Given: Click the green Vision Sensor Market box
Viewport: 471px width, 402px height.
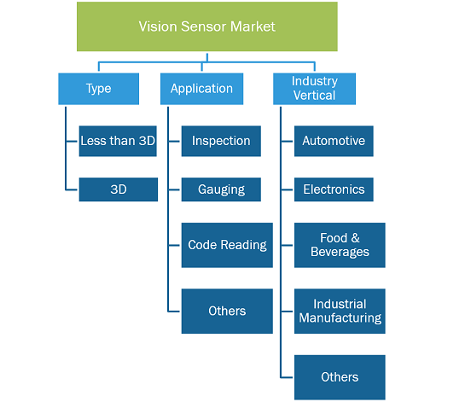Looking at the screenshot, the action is [207, 26].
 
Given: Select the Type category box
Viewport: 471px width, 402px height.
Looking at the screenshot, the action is [98, 89].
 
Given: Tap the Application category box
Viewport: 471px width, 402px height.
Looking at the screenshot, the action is [201, 89].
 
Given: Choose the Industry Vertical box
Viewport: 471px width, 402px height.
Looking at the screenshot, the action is [314, 89].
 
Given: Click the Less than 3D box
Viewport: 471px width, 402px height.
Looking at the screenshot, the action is [118, 141].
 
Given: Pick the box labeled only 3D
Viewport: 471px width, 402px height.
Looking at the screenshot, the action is [119, 189].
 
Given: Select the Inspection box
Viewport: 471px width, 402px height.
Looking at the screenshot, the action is [221, 141].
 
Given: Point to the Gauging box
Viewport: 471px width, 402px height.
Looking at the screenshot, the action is [221, 189].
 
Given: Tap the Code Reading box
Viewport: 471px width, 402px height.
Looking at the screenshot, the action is [227, 245].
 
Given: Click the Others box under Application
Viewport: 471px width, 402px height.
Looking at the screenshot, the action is [227, 312].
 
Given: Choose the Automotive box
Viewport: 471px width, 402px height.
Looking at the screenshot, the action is [334, 141].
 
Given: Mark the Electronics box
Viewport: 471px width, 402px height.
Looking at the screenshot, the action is [334, 189].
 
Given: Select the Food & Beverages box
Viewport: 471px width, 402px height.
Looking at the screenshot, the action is [340, 245].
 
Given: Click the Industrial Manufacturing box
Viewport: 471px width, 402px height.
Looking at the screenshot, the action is [340, 312].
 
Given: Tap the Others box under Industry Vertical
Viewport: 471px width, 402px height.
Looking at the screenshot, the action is [340, 377].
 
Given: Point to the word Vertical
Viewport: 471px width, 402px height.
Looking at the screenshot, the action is [314, 96].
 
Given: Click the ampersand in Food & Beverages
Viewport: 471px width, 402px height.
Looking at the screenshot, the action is [355, 238].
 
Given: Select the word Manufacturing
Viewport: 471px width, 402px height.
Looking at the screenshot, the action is [340, 318].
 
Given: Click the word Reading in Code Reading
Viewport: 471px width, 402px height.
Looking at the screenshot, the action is [244, 245].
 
